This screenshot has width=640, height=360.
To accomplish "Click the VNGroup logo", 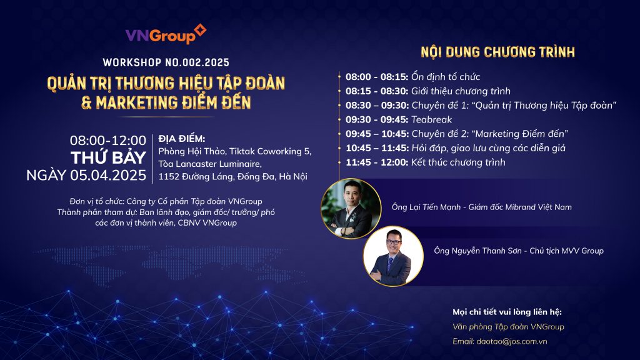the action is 166,34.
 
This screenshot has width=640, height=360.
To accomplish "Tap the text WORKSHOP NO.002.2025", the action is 166,62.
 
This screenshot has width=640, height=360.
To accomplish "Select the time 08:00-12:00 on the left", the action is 107,141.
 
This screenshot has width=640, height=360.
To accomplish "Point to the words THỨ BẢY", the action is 108,157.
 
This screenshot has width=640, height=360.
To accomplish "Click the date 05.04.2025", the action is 108,175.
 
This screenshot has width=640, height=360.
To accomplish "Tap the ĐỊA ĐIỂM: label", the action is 182,138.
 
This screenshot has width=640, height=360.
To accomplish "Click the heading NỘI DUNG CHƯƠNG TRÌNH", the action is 497,52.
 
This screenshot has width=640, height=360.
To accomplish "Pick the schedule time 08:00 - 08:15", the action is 377,77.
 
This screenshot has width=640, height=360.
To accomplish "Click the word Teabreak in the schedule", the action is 431,119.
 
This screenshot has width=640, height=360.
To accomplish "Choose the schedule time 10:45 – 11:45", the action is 377,148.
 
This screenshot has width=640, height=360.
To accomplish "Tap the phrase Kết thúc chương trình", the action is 458,162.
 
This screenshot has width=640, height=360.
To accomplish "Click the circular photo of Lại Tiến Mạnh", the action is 351,208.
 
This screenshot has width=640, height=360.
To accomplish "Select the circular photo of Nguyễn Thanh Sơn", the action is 393,256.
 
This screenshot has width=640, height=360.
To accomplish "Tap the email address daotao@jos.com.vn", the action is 511,341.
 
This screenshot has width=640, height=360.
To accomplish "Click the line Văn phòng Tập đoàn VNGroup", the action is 508,326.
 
